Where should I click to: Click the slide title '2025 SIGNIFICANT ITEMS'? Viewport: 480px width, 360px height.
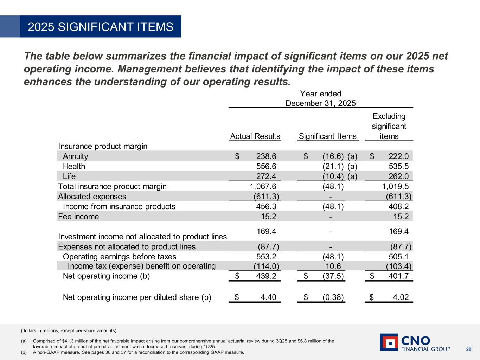tap(101, 27)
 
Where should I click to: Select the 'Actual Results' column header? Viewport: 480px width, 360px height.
tap(255, 136)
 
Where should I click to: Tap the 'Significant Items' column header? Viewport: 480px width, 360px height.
tap(327, 136)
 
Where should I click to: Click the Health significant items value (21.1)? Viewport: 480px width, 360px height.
tap(333, 166)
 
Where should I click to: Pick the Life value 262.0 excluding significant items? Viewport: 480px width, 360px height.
tap(398, 176)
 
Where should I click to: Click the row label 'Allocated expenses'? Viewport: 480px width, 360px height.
tap(92, 197)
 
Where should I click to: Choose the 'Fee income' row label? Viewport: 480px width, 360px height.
tap(78, 217)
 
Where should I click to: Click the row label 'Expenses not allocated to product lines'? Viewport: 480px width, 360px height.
tap(127, 247)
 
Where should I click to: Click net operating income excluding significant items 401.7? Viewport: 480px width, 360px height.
tap(398, 276)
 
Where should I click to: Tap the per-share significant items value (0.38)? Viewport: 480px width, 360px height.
tap(333, 297)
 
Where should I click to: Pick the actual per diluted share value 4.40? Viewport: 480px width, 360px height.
tap(268, 297)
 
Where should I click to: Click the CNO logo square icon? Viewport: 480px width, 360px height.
tap(389, 342)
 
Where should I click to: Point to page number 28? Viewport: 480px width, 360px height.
tap(468, 349)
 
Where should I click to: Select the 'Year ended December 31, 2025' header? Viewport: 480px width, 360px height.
tap(320, 98)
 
